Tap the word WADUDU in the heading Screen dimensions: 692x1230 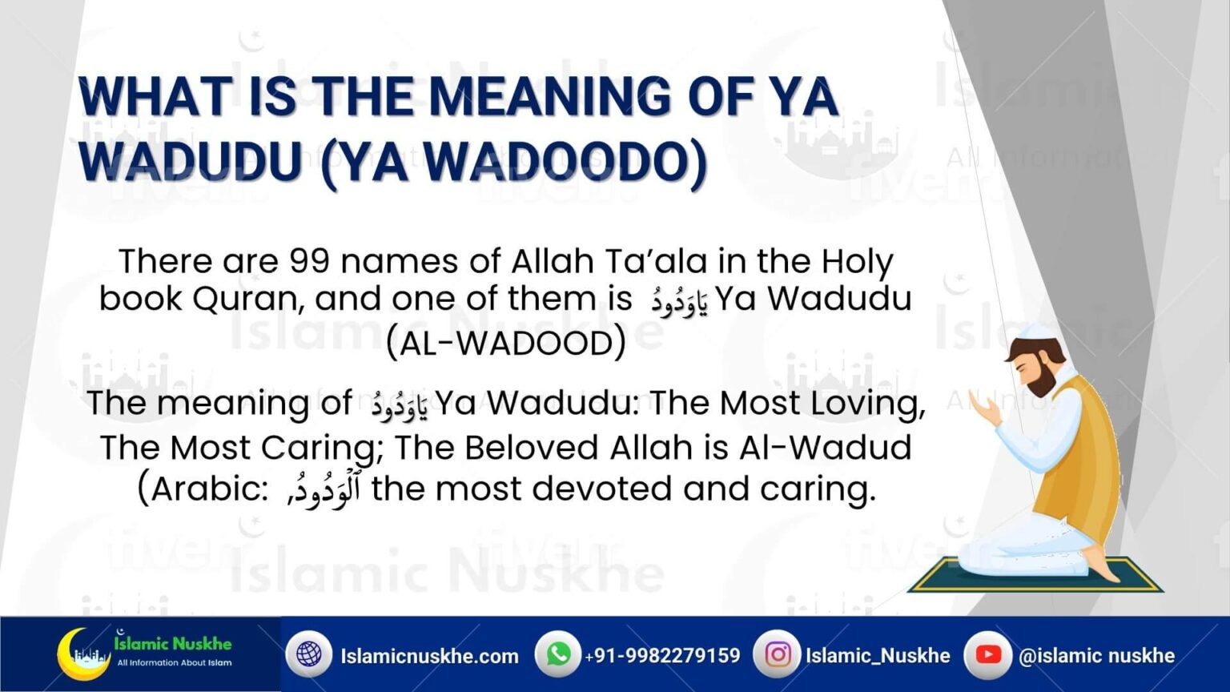click(x=189, y=161)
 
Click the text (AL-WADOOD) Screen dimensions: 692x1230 click(x=505, y=344)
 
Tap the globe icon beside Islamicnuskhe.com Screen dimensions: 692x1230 click(x=308, y=655)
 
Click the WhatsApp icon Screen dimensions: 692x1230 click(x=557, y=654)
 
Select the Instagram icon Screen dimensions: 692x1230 click(x=776, y=654)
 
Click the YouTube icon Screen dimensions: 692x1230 click(x=987, y=654)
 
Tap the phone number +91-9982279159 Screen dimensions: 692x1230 click(x=663, y=656)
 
